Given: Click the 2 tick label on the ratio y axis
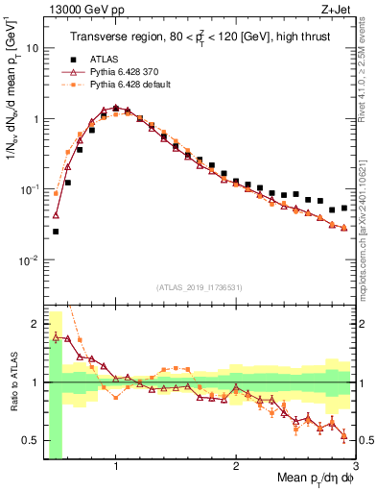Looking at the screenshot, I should [35, 322].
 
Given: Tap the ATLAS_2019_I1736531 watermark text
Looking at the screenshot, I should [200, 286].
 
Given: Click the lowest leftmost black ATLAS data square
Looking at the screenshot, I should [56, 232].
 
